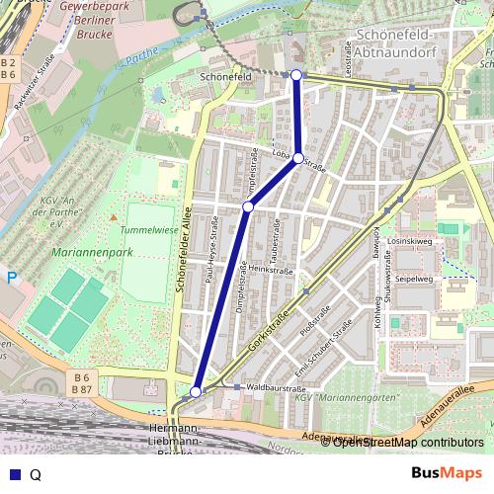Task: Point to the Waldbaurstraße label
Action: [276, 389]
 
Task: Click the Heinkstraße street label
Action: [273, 270]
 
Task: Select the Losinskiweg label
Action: [411, 241]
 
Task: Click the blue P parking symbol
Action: [12, 280]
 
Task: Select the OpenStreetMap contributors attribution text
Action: [407, 443]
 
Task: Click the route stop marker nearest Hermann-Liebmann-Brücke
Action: [196, 392]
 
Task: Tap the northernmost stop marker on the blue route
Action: [296, 75]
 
